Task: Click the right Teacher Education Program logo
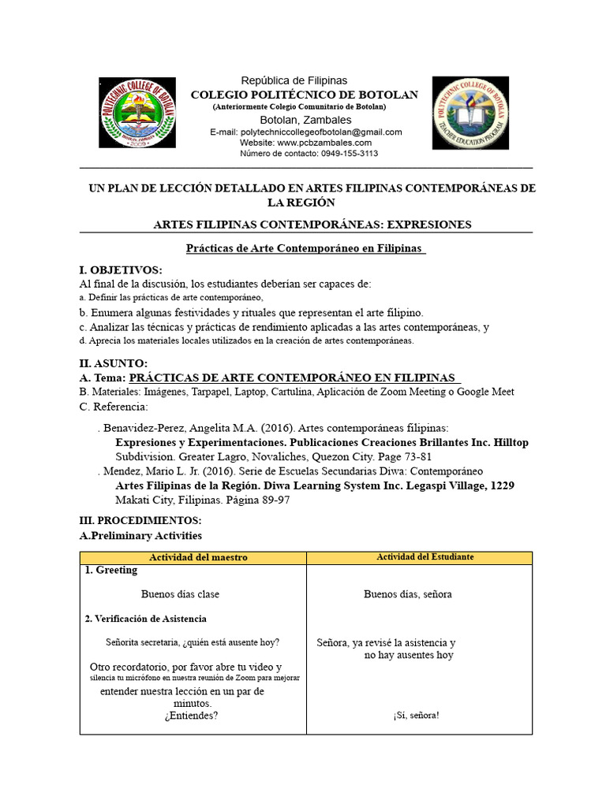tap(470, 113)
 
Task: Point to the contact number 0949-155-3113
tap(346, 154)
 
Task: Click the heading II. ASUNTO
tap(114, 363)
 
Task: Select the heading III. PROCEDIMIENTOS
tap(140, 521)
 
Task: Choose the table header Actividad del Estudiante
tap(425, 557)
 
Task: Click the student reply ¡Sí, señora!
tap(416, 716)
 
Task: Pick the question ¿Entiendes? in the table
tap(191, 716)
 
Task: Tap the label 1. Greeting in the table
tap(110, 571)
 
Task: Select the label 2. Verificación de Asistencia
tap(145, 619)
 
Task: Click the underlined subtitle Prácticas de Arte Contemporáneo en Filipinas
tap(305, 249)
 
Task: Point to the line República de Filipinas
tap(294, 81)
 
